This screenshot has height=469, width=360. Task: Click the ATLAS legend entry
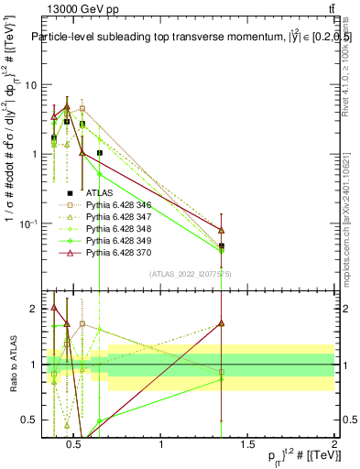(95, 193)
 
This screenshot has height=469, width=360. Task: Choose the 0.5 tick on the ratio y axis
(29, 420)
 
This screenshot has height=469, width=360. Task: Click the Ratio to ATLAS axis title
(12, 365)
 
